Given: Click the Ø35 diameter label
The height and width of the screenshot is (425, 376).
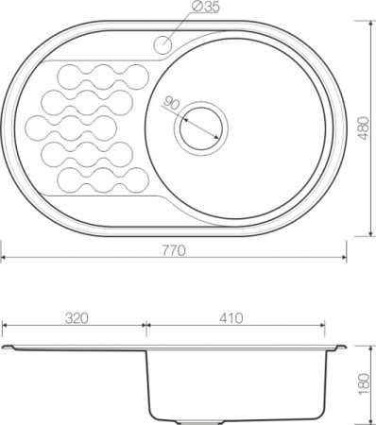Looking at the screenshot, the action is click(x=205, y=7).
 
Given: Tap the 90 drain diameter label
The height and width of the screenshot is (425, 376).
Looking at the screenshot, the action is click(x=171, y=103).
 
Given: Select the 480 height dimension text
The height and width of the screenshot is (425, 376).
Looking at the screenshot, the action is click(x=364, y=128).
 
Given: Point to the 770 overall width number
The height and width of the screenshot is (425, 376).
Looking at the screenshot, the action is click(x=174, y=250).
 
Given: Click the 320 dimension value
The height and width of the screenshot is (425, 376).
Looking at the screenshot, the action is click(x=77, y=318).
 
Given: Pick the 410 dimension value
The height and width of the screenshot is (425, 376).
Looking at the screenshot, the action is click(x=231, y=318).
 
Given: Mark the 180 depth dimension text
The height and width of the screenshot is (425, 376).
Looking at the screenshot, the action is click(x=364, y=383).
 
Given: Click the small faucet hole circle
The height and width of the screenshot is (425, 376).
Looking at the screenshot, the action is click(x=162, y=44).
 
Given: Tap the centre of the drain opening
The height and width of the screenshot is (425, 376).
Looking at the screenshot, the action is click(x=201, y=128).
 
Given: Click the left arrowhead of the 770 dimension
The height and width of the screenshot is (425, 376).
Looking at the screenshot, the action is click(x=4, y=258).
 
